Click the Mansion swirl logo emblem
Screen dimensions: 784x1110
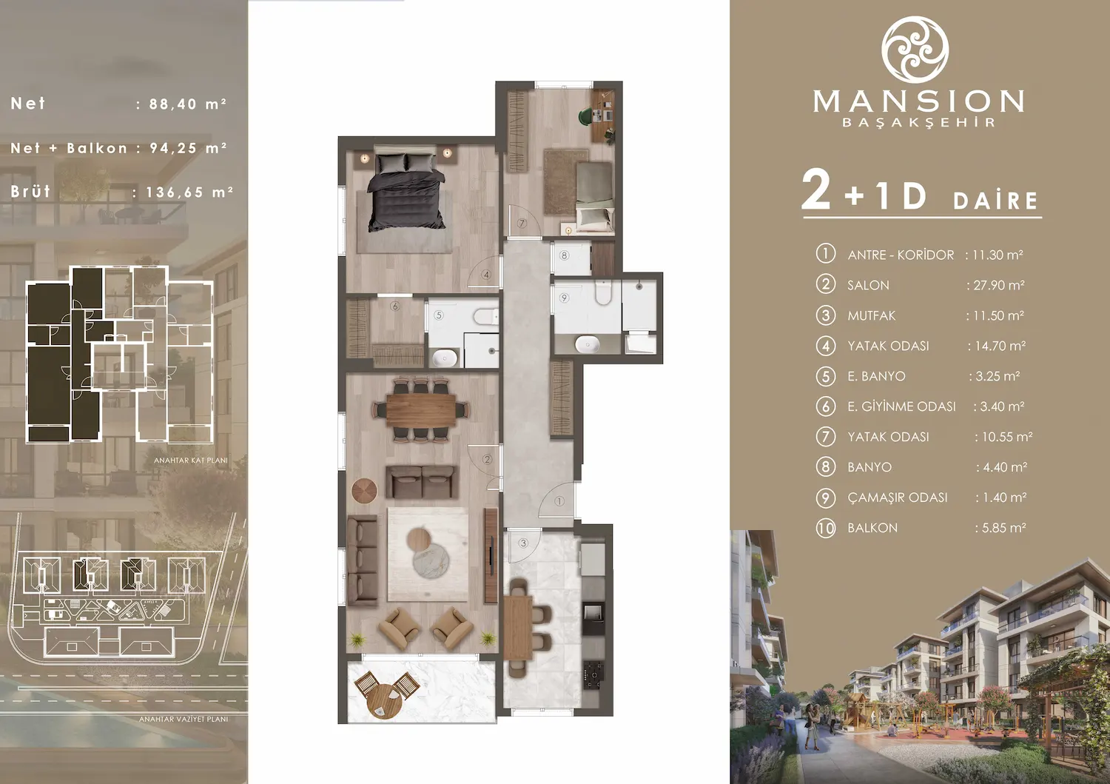coord(915,49)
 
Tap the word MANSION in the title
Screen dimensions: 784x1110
coord(918,101)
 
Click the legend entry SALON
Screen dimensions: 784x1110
coord(868,285)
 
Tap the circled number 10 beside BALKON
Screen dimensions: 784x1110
coord(826,528)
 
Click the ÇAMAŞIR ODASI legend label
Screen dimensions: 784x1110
coord(897,497)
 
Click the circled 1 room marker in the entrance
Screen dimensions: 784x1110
coord(559,501)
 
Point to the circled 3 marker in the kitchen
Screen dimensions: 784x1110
coord(523,543)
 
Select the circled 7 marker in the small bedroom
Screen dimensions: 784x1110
coord(522,223)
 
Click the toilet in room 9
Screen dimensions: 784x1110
coord(602,294)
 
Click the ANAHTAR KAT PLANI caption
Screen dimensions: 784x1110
coord(190,460)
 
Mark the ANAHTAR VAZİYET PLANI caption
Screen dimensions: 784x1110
coord(184,719)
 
